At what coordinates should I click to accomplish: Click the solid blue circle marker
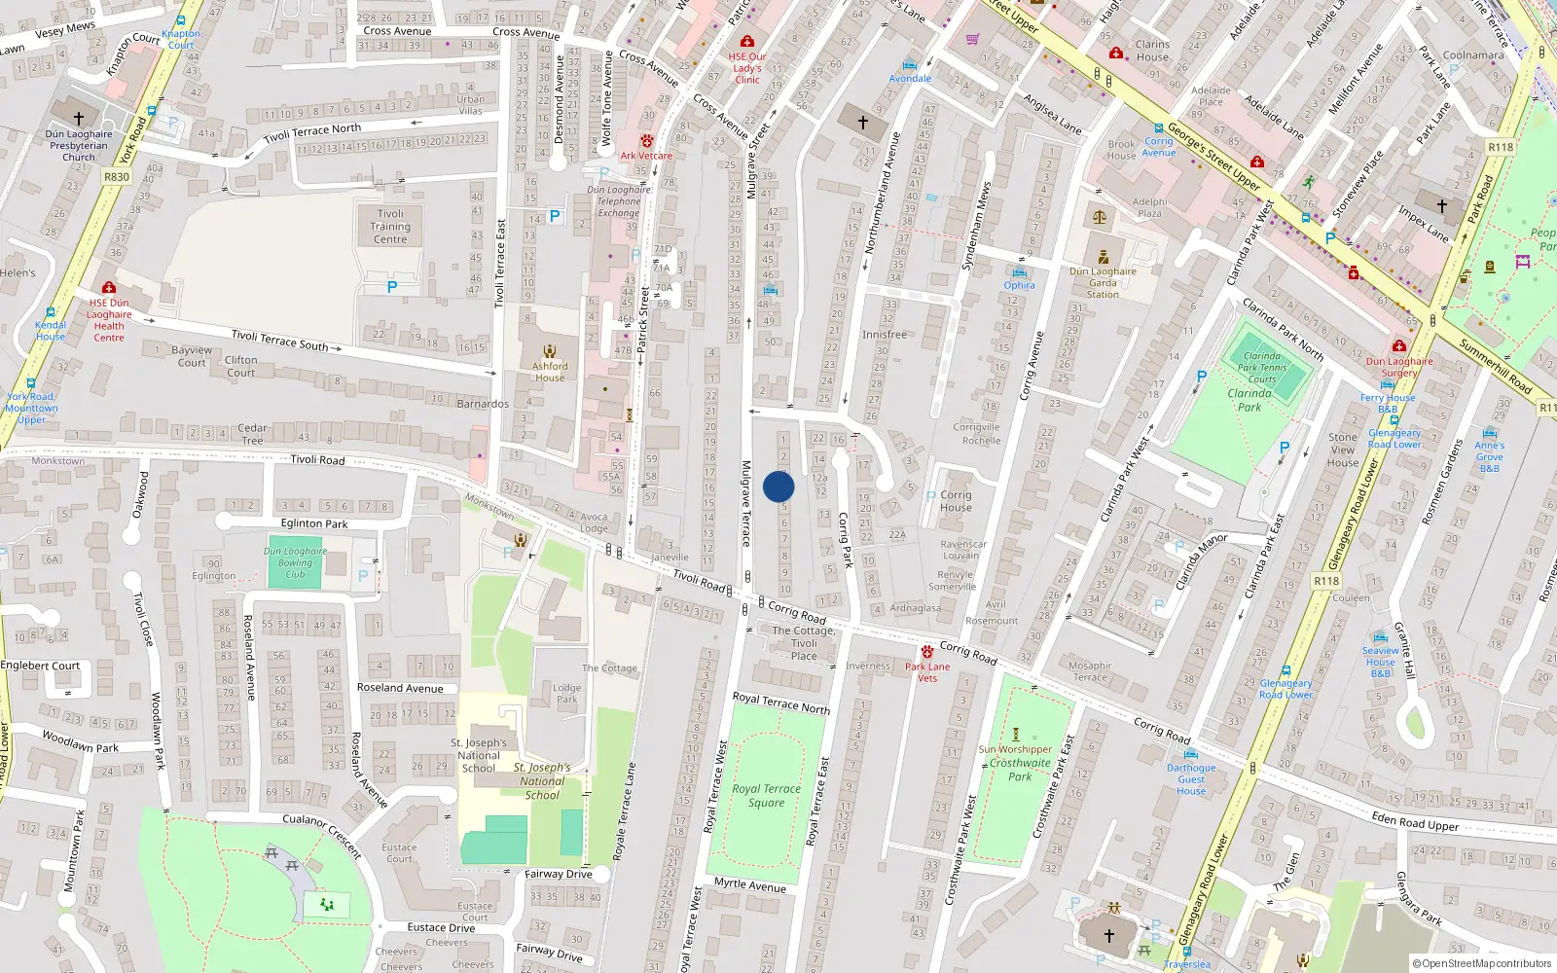pyautogui.click(x=778, y=486)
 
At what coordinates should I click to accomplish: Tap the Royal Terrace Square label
pyautogui.click(x=767, y=796)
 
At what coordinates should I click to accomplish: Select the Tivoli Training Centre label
pyautogui.click(x=390, y=227)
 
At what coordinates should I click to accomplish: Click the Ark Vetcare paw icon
pyautogui.click(x=646, y=141)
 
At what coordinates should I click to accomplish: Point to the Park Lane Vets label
pyautogui.click(x=927, y=672)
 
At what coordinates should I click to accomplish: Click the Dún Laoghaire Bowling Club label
pyautogui.click(x=295, y=562)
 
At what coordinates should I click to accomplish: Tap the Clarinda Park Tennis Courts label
pyautogui.click(x=1262, y=368)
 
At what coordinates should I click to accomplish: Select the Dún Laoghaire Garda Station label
pyautogui.click(x=1103, y=283)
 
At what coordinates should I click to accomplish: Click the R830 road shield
pyautogui.click(x=117, y=177)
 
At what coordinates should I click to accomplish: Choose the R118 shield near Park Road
pyautogui.click(x=1501, y=148)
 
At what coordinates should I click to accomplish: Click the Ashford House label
pyautogui.click(x=550, y=372)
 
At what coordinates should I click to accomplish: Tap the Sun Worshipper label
pyautogui.click(x=1016, y=749)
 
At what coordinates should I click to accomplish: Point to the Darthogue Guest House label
pyautogui.click(x=1191, y=779)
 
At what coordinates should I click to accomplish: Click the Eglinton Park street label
pyautogui.click(x=314, y=523)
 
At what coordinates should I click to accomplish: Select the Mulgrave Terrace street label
pyautogui.click(x=746, y=503)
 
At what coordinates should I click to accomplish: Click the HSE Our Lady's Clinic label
pyautogui.click(x=747, y=68)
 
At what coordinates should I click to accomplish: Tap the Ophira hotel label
pyautogui.click(x=1019, y=285)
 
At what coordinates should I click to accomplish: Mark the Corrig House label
pyautogui.click(x=956, y=501)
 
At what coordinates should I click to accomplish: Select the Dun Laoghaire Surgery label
pyautogui.click(x=1399, y=367)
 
